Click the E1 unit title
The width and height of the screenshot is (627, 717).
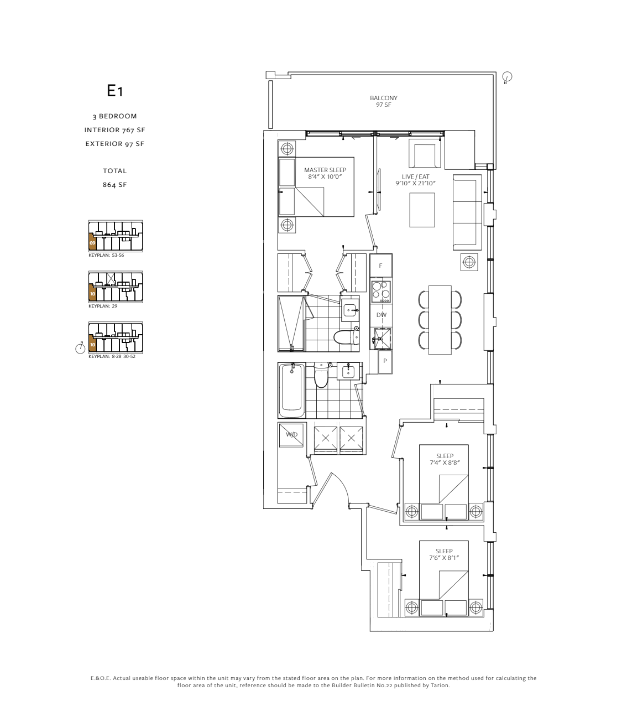coord(115,91)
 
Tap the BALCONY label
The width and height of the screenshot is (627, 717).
coord(384,98)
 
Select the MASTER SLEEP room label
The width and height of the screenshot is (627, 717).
coord(325,170)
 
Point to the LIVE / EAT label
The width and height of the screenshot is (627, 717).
coord(415,176)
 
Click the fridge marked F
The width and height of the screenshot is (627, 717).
coord(381,266)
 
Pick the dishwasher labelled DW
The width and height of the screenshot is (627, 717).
coord(381,315)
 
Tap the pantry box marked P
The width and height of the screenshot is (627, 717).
coord(385,361)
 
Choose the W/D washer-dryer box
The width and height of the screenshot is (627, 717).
coord(291,435)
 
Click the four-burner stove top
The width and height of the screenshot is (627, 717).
coord(381,291)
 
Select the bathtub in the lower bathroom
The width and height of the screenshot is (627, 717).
coord(291,391)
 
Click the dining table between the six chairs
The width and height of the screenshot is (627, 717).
coord(440,320)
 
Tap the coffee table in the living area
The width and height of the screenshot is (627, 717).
coord(422,210)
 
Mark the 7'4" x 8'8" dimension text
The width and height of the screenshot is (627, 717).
coord(445,463)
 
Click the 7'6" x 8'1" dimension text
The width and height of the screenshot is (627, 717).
coord(444,558)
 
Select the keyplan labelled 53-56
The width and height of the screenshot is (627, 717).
coord(116,236)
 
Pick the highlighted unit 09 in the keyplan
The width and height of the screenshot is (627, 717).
coord(92,242)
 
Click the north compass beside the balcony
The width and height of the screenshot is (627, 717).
coord(507,77)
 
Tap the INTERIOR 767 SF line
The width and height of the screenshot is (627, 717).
coord(115,130)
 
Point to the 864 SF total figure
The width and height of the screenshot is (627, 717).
coord(115,185)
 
